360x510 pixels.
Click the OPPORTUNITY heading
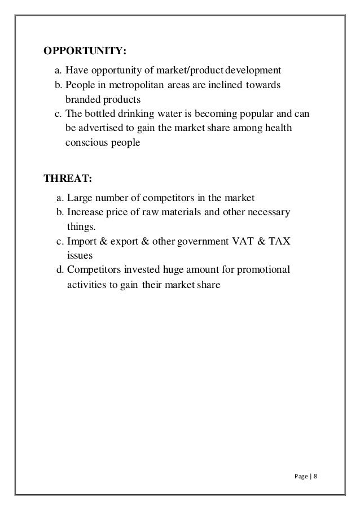click(85, 53)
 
